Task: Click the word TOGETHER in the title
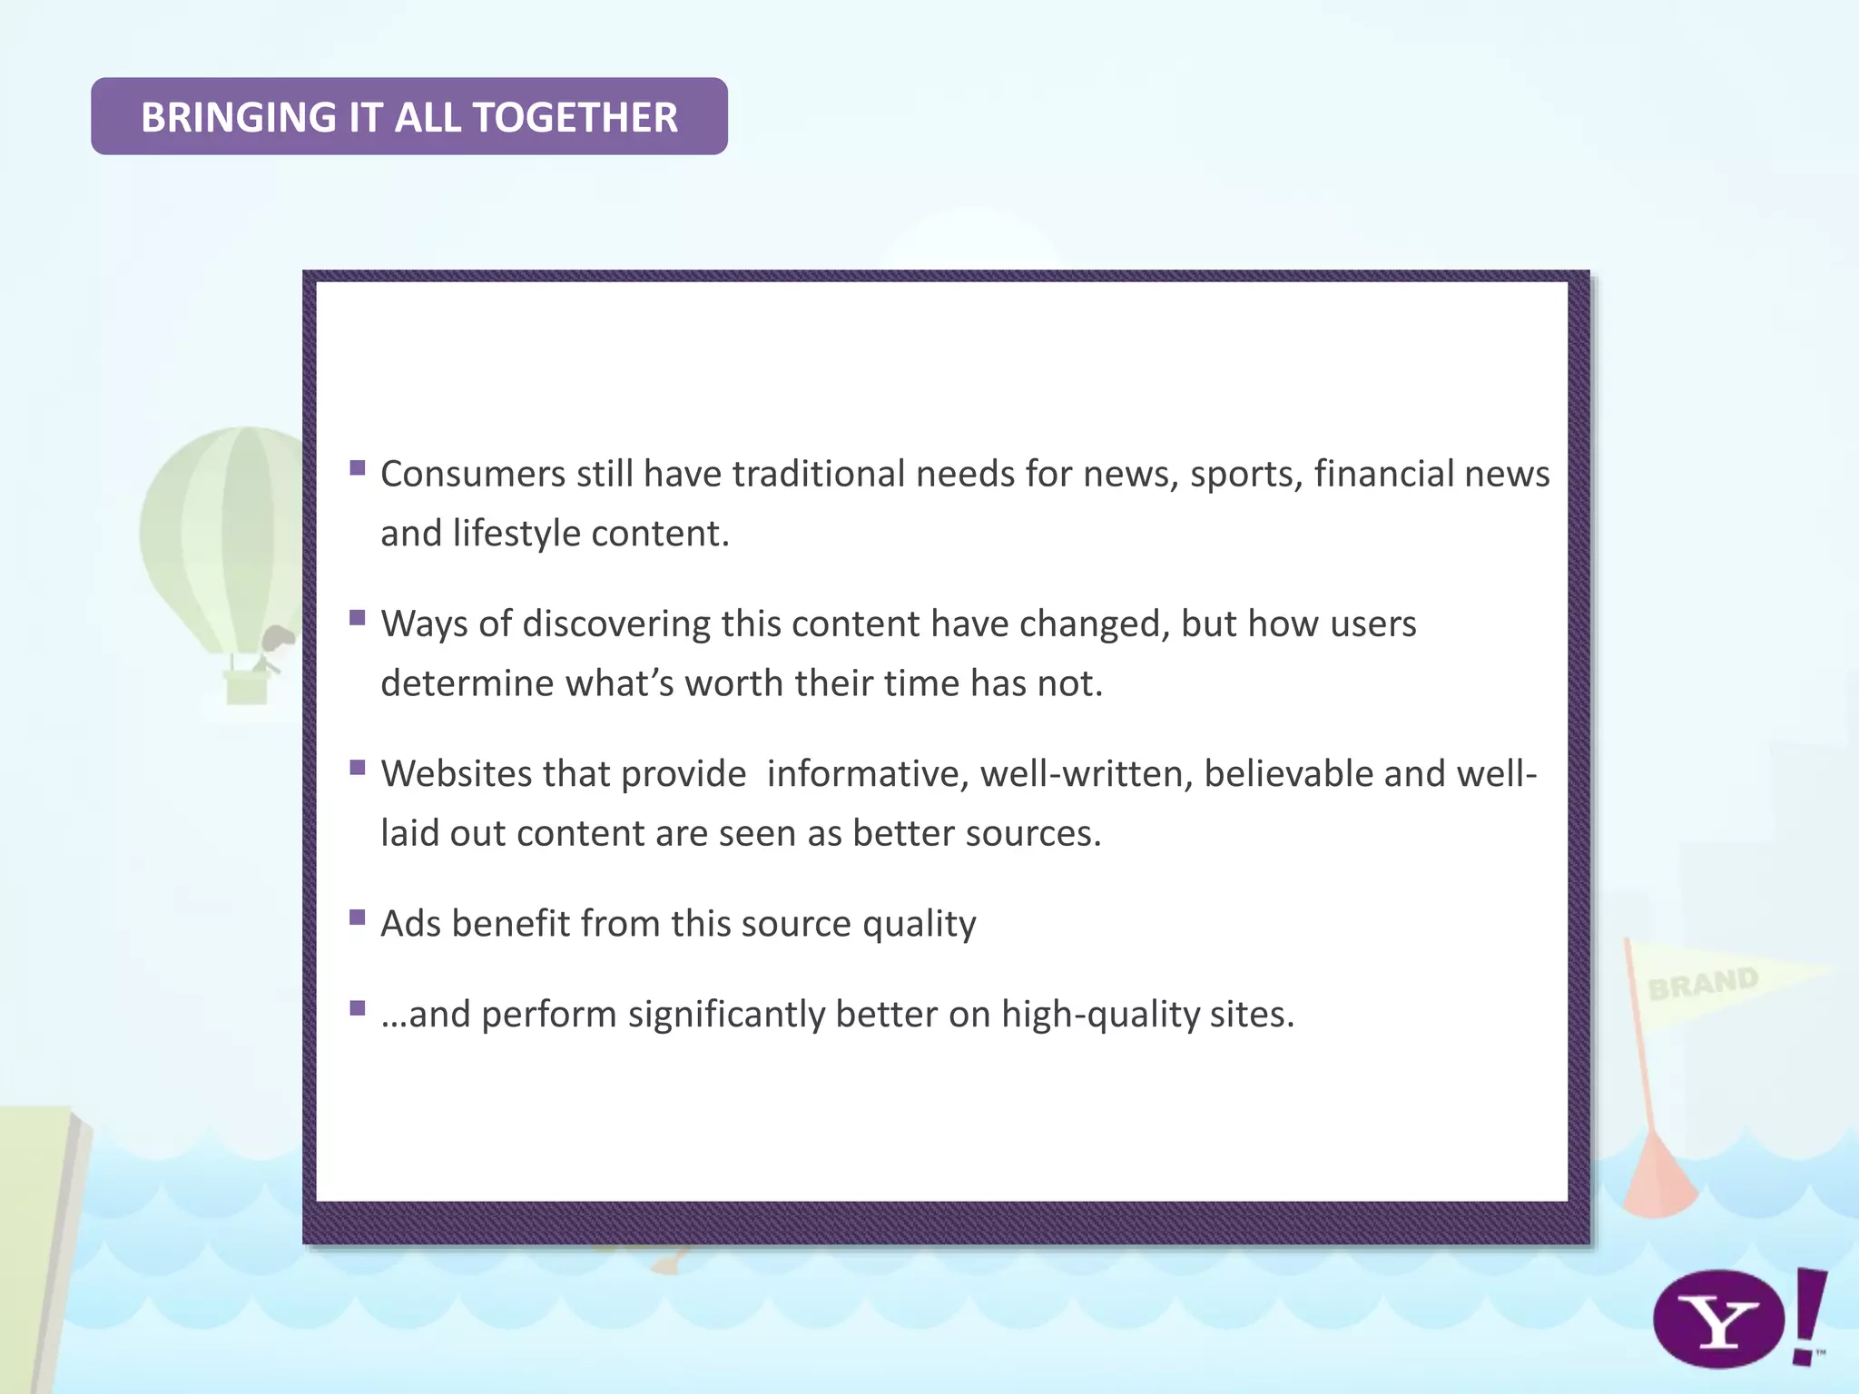pos(575,118)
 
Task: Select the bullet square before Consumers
pos(358,468)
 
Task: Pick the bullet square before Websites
pos(358,768)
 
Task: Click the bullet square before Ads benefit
pos(358,918)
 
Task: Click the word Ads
pos(410,924)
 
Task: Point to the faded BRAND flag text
pos(1703,983)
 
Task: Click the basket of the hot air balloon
pos(246,687)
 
